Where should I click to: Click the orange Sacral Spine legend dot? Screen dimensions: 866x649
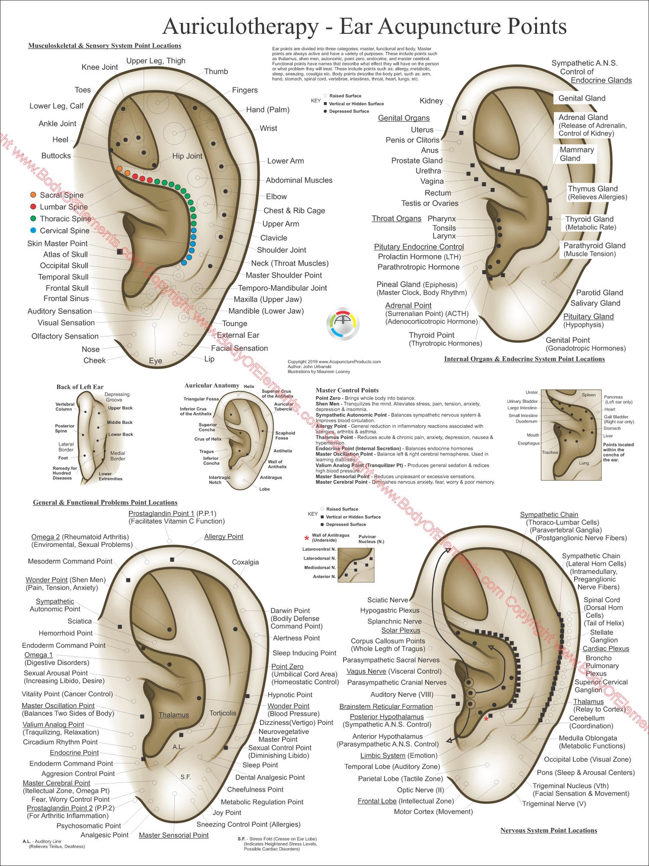[33, 195]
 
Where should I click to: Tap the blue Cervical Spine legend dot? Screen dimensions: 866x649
[33, 231]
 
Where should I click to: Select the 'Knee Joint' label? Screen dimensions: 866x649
[100, 67]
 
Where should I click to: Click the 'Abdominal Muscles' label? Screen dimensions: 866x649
[299, 180]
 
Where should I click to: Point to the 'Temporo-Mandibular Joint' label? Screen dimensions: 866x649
[282, 288]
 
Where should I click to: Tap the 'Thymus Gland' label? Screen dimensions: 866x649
[593, 189]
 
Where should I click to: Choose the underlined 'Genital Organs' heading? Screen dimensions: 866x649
[404, 118]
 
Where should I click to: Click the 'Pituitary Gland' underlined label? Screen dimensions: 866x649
[588, 316]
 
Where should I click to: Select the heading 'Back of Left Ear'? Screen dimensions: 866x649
[80, 387]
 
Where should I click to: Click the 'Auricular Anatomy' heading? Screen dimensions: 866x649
[212, 386]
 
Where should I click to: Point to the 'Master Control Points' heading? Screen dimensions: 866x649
[347, 390]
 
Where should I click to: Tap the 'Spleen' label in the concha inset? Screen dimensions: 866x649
[588, 395]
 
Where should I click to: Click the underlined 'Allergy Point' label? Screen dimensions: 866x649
[224, 537]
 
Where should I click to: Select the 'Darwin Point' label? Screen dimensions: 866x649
[290, 611]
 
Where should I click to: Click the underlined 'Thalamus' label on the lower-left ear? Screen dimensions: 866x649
[173, 715]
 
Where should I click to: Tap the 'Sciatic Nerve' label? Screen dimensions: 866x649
[388, 600]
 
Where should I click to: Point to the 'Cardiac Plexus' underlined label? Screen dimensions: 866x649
[606, 648]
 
